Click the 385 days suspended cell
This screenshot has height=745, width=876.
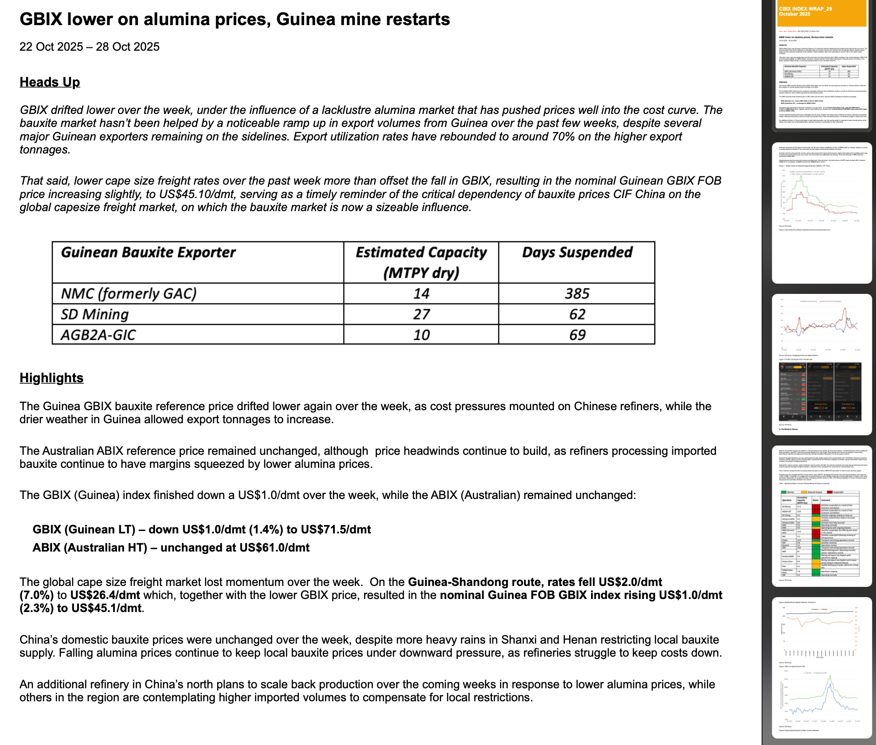click(577, 293)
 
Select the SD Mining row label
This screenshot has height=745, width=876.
click(95, 314)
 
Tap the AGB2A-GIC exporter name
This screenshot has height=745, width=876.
click(98, 335)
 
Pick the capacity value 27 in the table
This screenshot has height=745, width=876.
click(421, 314)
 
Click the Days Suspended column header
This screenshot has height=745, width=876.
click(577, 253)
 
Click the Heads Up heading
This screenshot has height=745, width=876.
click(50, 82)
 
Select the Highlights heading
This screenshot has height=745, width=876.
click(52, 378)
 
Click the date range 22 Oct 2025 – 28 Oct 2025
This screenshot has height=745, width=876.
click(89, 47)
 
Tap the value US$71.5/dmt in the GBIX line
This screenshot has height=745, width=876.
click(336, 530)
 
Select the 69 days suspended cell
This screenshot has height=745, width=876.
click(577, 335)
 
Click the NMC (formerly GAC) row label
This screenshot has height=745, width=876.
click(129, 293)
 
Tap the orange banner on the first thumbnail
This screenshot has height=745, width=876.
click(822, 13)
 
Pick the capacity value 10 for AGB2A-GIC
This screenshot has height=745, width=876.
click(421, 335)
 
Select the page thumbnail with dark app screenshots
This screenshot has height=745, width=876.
click(822, 364)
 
